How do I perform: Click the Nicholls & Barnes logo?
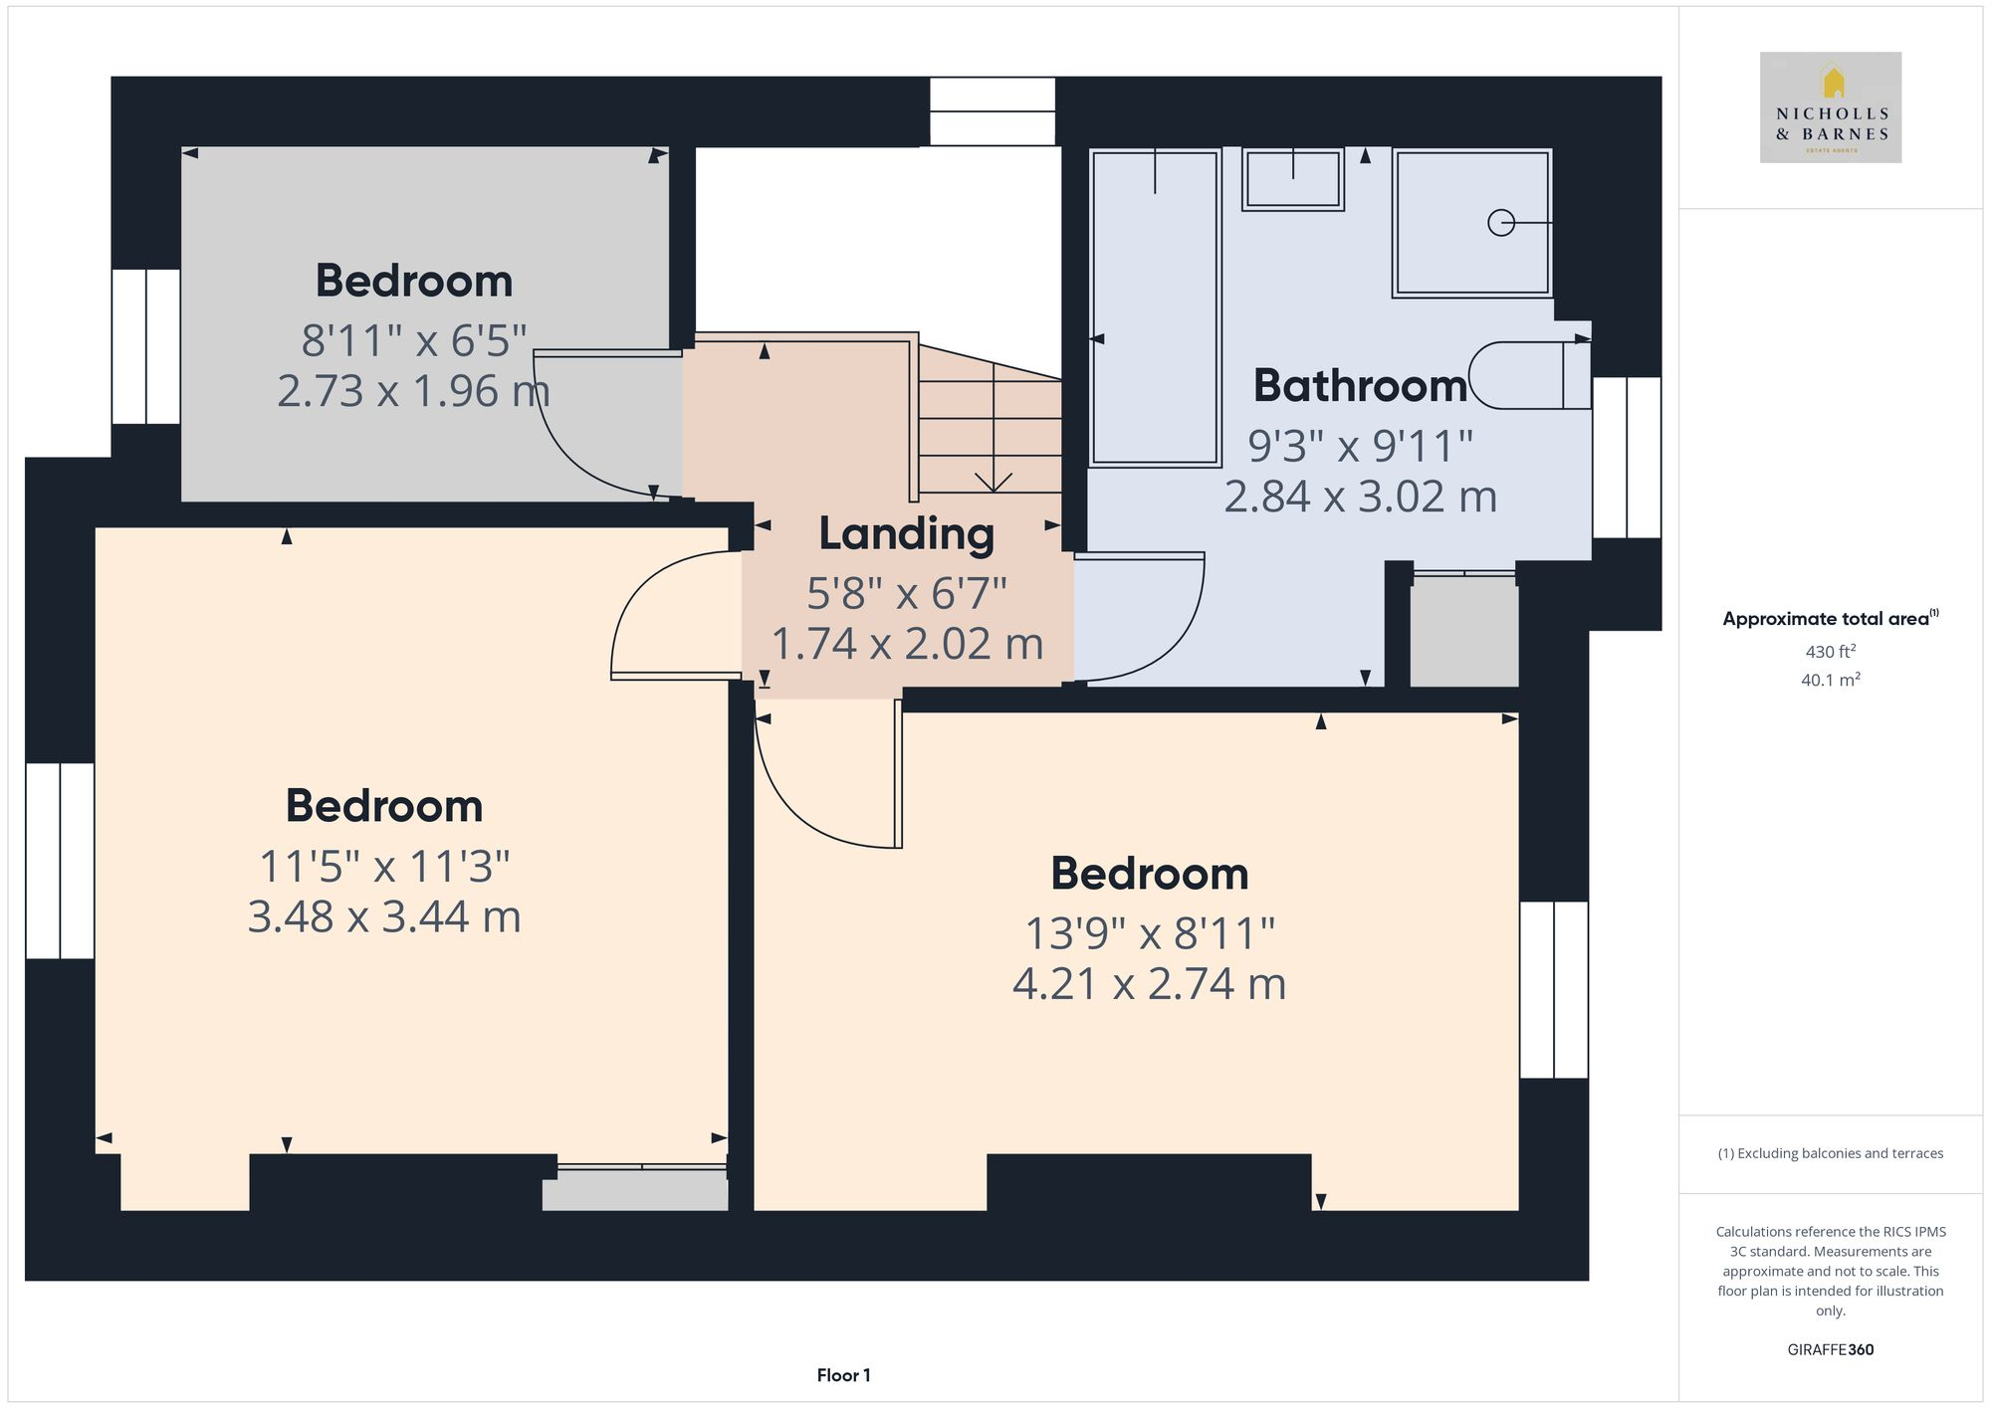tap(1830, 107)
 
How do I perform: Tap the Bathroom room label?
tap(1360, 386)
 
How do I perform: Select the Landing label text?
tap(906, 534)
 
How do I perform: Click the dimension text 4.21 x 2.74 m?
tap(1149, 984)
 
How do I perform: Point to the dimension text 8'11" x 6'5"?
tap(413, 341)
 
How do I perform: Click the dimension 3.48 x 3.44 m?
tap(384, 916)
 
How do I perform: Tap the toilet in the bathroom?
tap(1528, 375)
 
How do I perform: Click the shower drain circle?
tap(1500, 223)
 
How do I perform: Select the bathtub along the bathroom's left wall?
tap(1155, 308)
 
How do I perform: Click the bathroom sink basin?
tap(1292, 180)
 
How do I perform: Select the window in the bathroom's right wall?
tap(1626, 458)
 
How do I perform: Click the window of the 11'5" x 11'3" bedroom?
tap(60, 861)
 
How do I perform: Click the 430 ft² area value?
tap(1830, 652)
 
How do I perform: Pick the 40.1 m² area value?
tap(1830, 681)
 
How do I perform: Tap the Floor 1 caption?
tap(843, 1375)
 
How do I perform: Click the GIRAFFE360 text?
tap(1830, 1349)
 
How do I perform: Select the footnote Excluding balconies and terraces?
tap(1830, 1153)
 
